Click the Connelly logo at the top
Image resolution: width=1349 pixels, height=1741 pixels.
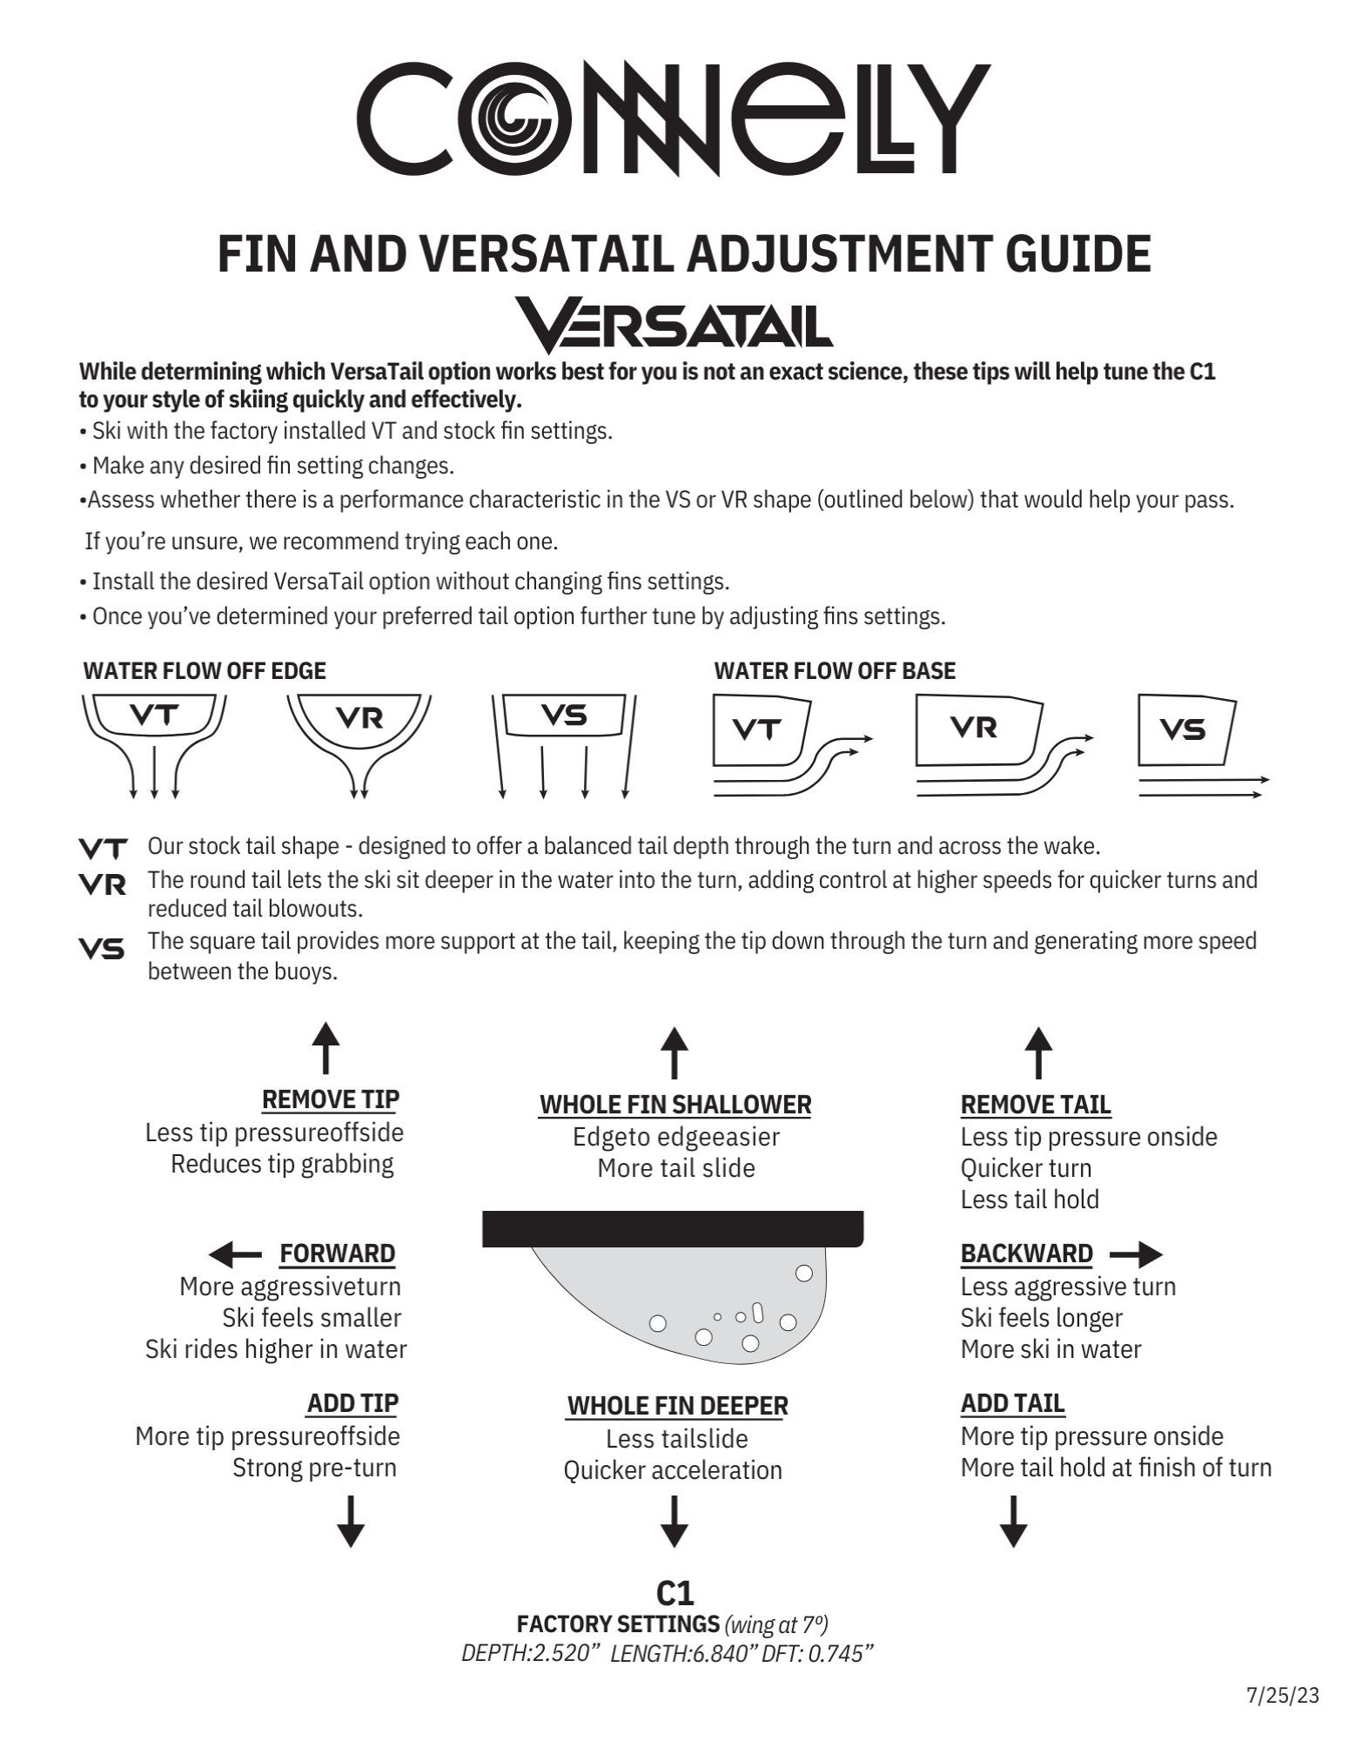(x=674, y=118)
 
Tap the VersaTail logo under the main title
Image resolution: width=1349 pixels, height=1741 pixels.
(x=674, y=324)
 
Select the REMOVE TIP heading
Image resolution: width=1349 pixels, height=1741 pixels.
(x=330, y=1099)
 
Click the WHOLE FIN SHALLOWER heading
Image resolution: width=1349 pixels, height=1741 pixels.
(x=675, y=1105)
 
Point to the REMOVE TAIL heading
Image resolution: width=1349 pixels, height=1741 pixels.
(x=1036, y=1105)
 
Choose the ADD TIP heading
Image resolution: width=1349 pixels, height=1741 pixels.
(x=352, y=1403)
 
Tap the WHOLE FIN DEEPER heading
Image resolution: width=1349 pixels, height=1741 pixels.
(x=677, y=1406)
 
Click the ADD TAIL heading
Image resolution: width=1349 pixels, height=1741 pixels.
(x=1012, y=1403)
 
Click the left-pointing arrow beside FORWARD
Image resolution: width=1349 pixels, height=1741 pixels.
(x=235, y=1254)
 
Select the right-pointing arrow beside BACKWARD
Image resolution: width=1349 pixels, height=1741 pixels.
(x=1136, y=1254)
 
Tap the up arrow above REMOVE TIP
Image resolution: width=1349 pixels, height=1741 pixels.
(x=326, y=1047)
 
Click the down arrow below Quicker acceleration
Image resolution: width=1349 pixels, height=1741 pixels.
(x=674, y=1521)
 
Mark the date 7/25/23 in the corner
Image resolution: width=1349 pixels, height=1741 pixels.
(x=1283, y=1695)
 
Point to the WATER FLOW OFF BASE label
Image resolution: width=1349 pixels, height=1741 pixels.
(x=834, y=670)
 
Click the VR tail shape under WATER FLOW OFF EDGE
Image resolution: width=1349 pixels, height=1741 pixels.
(x=359, y=719)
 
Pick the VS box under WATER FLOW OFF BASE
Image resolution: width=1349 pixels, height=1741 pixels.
(x=1185, y=729)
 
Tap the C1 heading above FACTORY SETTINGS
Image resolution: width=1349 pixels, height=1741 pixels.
(x=674, y=1593)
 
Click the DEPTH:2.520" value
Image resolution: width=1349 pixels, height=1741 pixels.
(x=532, y=1654)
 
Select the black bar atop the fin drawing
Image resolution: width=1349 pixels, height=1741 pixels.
(x=673, y=1228)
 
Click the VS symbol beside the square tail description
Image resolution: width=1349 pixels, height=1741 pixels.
(x=102, y=949)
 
